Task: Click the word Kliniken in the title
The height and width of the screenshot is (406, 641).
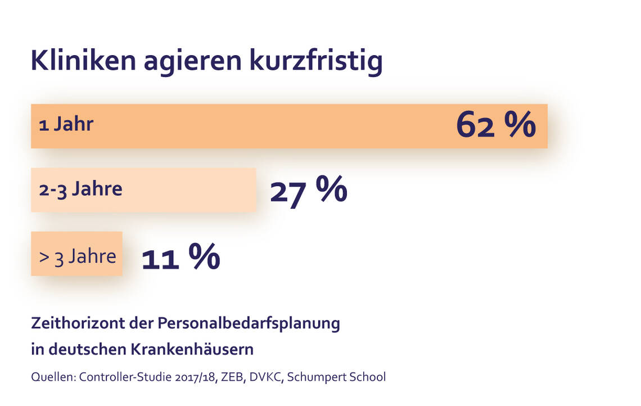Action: point(83,61)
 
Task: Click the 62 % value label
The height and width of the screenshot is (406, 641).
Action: point(495,125)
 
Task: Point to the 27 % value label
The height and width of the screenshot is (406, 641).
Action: point(309,191)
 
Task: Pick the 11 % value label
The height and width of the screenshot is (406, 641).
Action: point(180,258)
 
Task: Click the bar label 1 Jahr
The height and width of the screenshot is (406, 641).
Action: point(66,124)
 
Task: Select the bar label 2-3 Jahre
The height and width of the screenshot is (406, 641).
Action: point(80,189)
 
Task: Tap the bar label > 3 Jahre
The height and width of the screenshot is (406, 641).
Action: point(78,256)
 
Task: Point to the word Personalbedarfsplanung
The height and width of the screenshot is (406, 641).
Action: point(249,324)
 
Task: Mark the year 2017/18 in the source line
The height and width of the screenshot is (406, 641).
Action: point(196,377)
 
